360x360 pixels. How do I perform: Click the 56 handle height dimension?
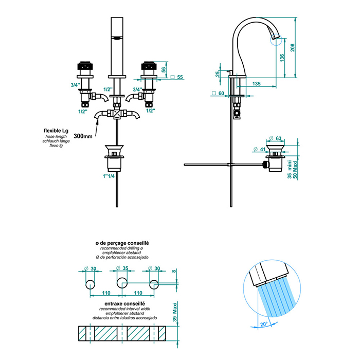click(164, 70)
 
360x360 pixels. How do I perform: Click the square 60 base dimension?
click(218, 94)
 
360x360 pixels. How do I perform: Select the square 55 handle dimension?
click(177, 77)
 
